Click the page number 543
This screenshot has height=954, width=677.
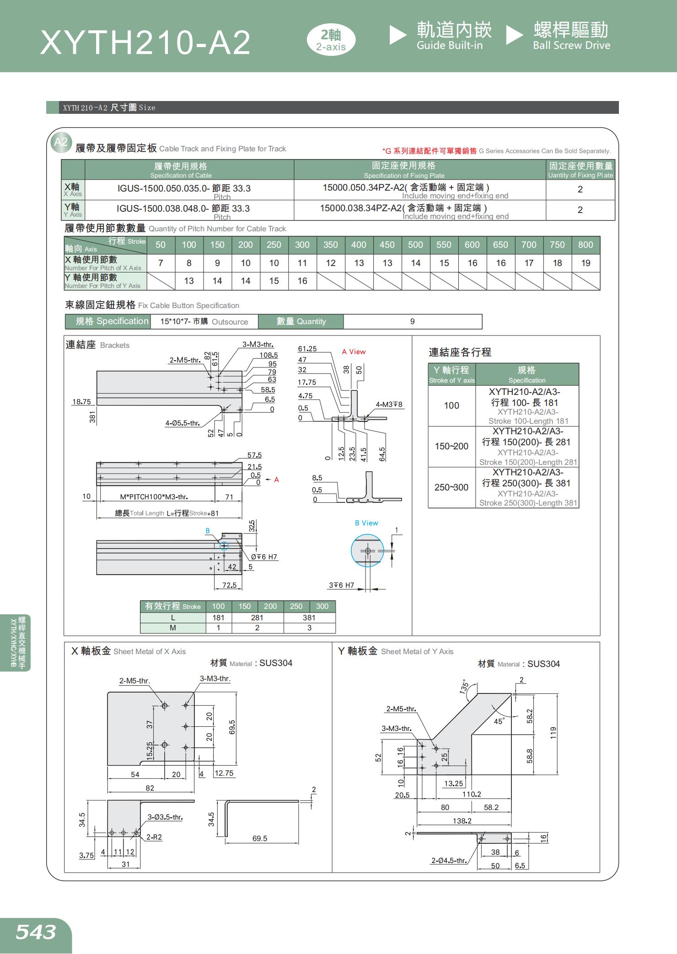[36, 931]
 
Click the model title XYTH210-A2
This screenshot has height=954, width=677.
[145, 43]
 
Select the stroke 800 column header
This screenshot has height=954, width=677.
[586, 245]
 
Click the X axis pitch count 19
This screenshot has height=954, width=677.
[586, 263]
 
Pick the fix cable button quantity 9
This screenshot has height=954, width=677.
[412, 322]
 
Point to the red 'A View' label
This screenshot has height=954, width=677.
[354, 352]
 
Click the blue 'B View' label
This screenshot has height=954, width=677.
[366, 523]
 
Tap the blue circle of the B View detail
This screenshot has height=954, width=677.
[367, 551]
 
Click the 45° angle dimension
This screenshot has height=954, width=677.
[499, 721]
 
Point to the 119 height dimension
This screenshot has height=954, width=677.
[553, 733]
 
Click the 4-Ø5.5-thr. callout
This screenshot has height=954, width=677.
[183, 423]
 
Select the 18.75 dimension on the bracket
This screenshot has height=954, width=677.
[81, 402]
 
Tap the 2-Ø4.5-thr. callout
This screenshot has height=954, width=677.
[449, 860]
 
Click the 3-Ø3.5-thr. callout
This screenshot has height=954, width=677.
[165, 817]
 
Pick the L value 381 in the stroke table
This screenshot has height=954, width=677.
[309, 618]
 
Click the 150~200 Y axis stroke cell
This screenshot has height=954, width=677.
[451, 446]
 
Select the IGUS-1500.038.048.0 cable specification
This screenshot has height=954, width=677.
[183, 209]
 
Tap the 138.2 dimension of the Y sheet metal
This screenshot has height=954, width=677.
[462, 821]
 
